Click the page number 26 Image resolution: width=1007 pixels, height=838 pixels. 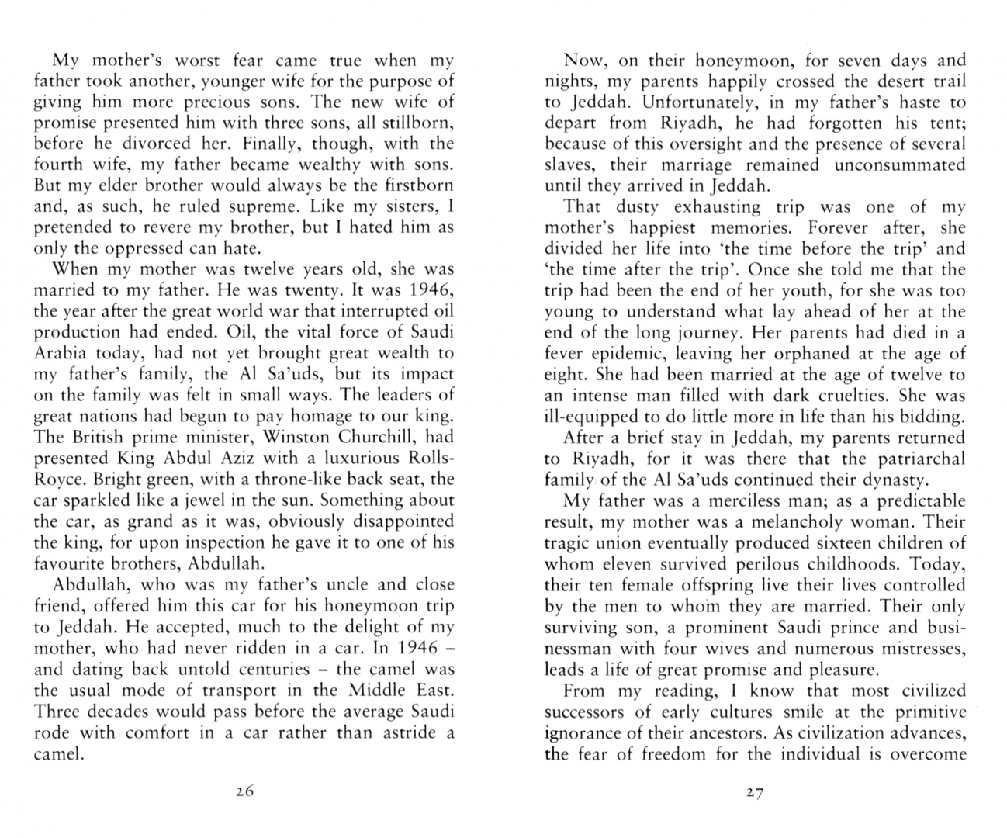point(244,792)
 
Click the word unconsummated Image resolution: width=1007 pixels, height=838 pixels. point(900,164)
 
